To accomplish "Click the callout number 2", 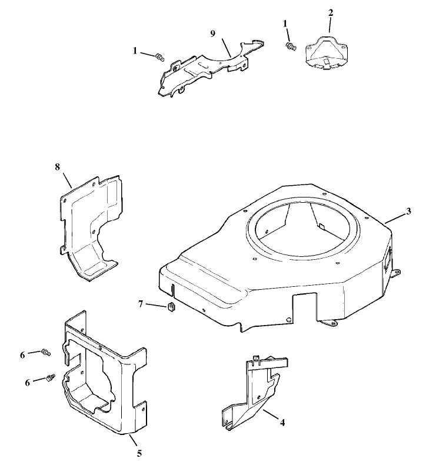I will (x=330, y=12).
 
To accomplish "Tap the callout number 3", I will (x=408, y=212).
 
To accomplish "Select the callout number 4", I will (x=283, y=422).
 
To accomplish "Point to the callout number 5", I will (x=139, y=453).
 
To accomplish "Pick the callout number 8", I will (x=57, y=167).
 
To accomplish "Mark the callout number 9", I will (x=212, y=34).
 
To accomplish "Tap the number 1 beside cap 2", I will (x=285, y=23).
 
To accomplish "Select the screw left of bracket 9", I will (x=159, y=57).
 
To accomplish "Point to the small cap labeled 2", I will (x=328, y=53).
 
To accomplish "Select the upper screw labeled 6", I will (x=46, y=353).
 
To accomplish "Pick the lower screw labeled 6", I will (x=51, y=377).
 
